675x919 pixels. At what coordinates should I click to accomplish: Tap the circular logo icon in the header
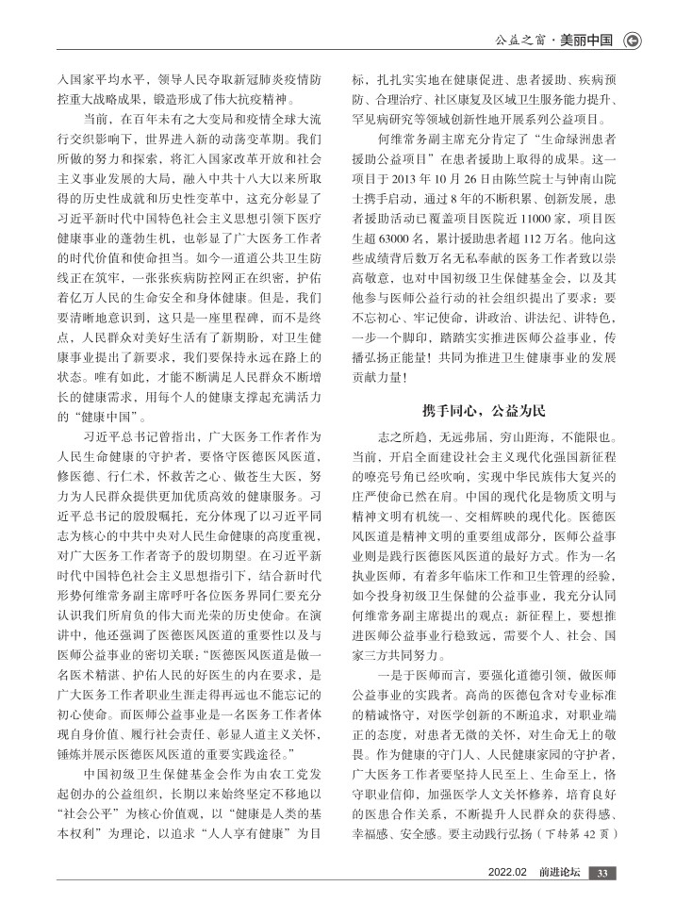[x=633, y=40]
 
